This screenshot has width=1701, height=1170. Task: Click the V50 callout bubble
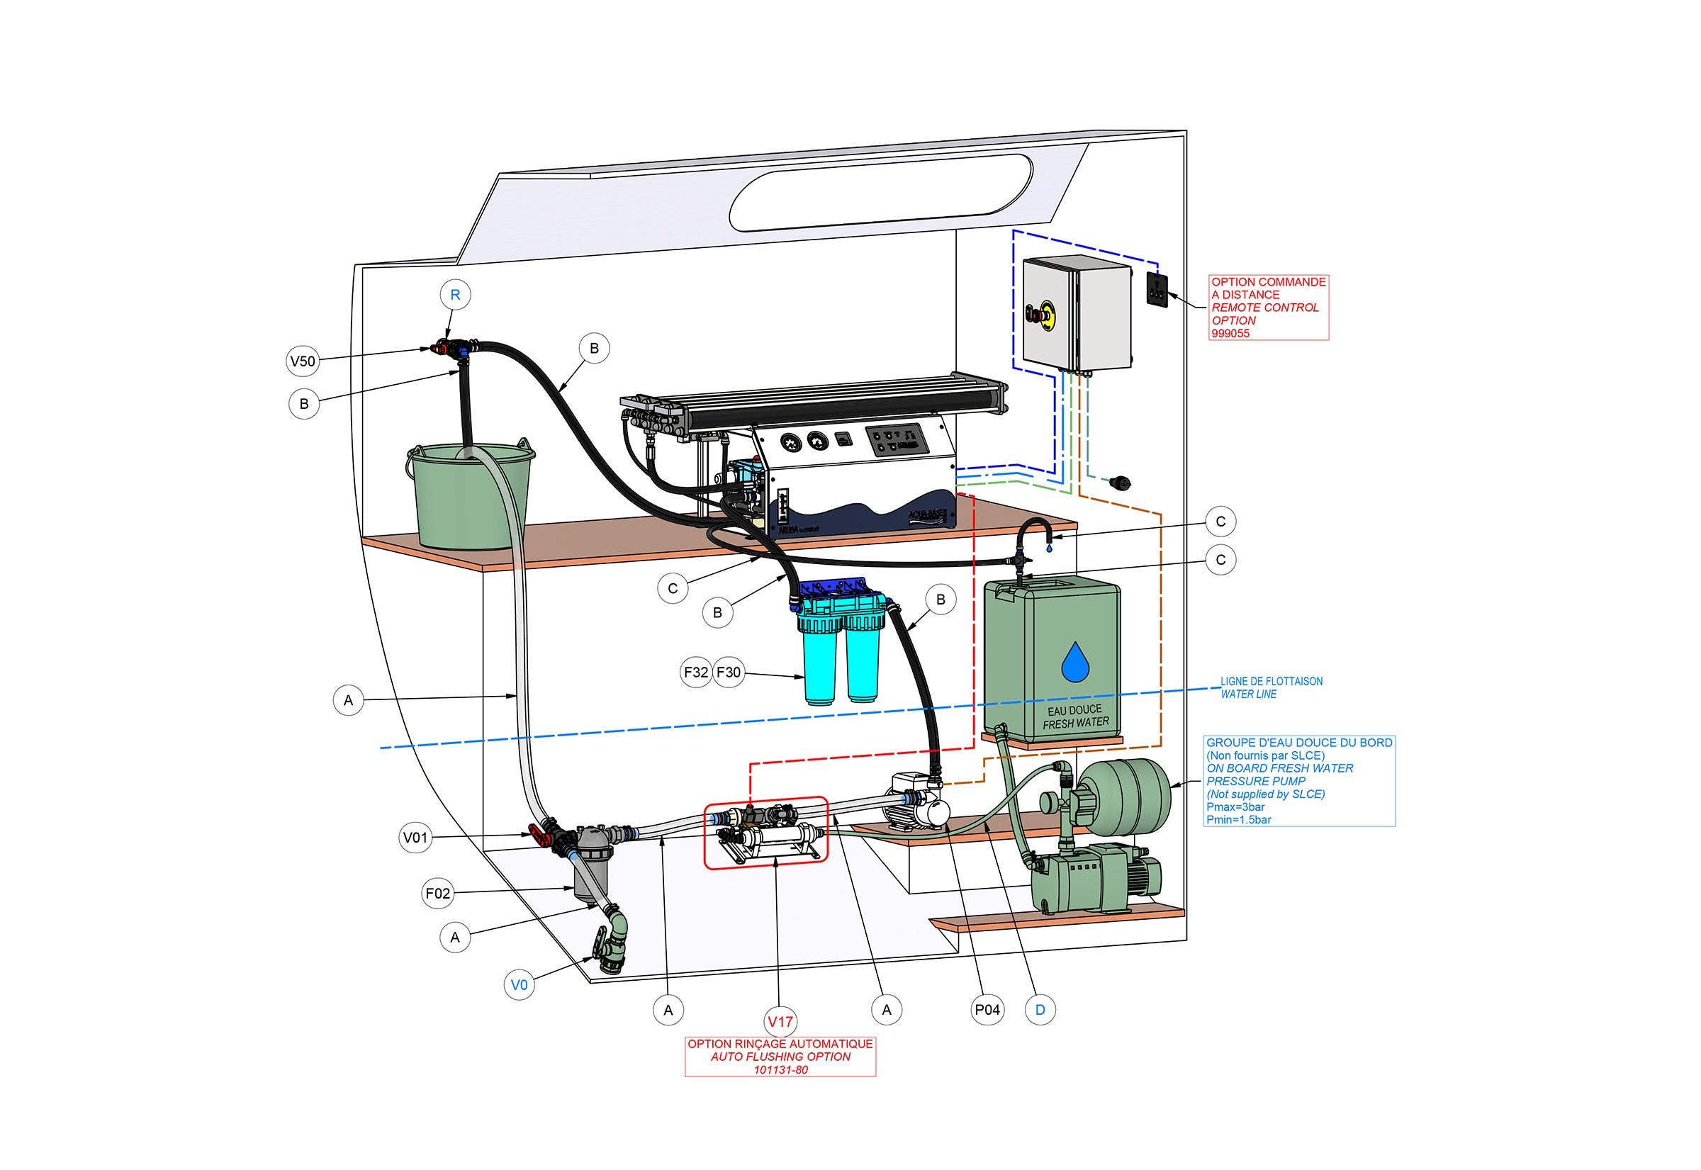click(302, 361)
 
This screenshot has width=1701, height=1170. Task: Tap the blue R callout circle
click(454, 295)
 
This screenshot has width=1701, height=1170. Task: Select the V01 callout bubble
click(416, 837)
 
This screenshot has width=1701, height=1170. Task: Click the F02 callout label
click(438, 893)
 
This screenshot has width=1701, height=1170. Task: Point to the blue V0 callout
click(519, 984)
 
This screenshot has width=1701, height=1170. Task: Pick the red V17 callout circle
click(780, 1021)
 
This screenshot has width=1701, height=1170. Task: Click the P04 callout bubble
click(987, 1009)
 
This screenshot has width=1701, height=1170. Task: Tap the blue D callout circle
click(1040, 1009)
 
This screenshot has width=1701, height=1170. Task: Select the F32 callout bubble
click(696, 672)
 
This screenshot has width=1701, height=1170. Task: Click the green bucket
click(469, 498)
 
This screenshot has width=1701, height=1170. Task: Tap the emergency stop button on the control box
click(1041, 315)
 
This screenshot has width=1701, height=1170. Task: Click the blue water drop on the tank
click(1075, 661)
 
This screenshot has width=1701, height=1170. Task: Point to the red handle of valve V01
click(539, 835)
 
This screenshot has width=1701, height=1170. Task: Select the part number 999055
click(1230, 334)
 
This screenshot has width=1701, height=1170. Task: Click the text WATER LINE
click(1248, 694)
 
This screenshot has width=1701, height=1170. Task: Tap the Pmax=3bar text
click(1235, 806)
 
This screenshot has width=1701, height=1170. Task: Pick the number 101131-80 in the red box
click(780, 1069)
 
